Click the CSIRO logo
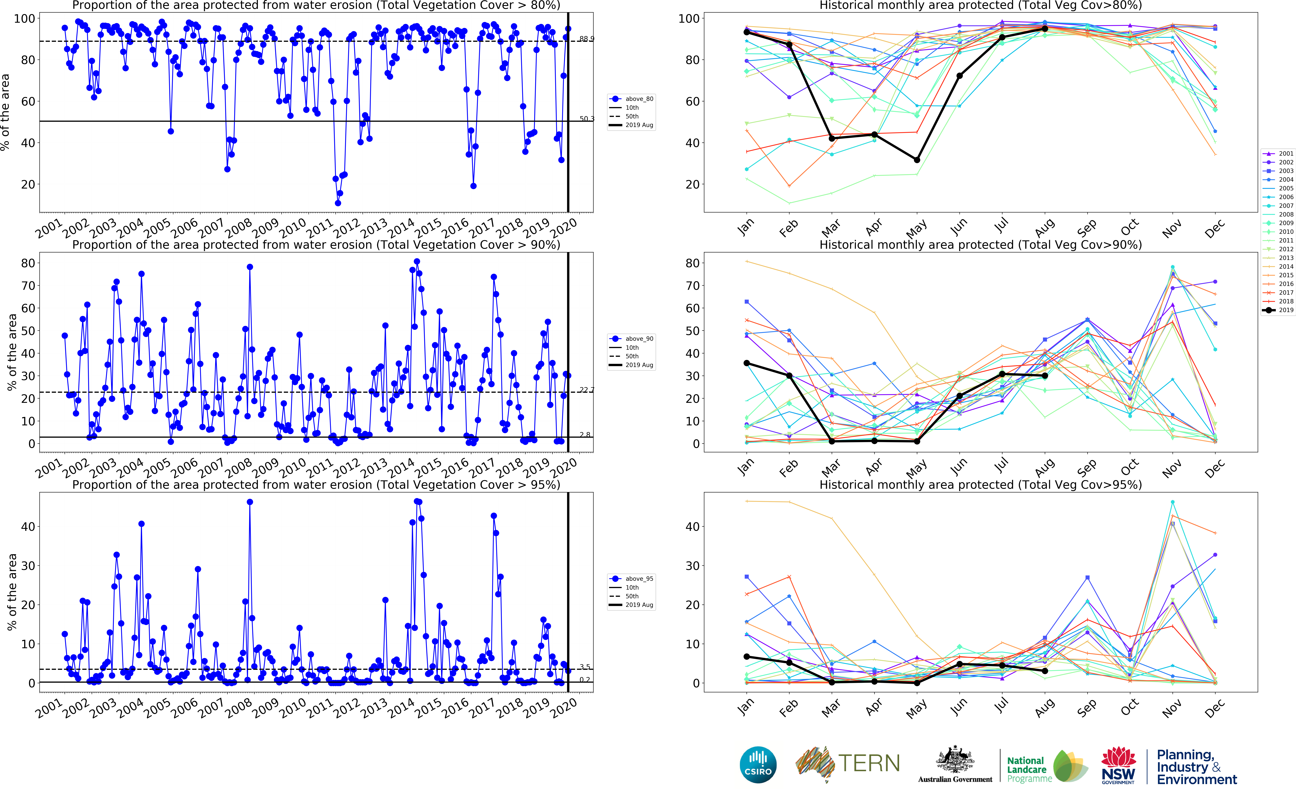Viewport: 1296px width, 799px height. click(758, 765)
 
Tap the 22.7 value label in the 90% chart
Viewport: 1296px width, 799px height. click(586, 390)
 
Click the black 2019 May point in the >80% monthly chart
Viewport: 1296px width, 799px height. click(917, 160)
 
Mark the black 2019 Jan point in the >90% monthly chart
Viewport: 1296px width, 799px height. click(747, 363)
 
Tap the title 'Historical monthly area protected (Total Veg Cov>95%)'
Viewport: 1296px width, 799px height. click(980, 485)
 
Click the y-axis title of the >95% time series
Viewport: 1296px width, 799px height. click(12, 592)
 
